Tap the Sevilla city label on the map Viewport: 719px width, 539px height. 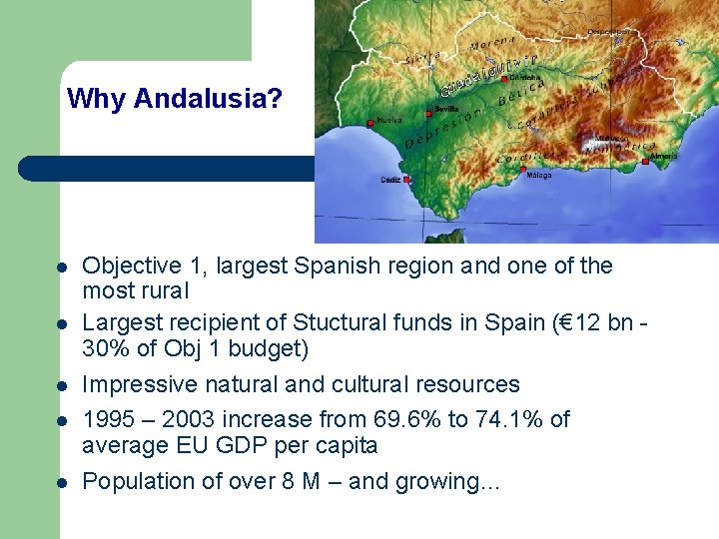coord(447,109)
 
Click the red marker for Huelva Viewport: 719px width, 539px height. coord(371,123)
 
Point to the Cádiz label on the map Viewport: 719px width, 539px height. coord(390,180)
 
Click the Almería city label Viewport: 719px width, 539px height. coord(664,156)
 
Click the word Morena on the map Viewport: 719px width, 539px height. coord(492,43)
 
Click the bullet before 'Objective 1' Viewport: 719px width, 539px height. coord(61,269)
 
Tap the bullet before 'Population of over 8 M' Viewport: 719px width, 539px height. coord(61,483)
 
